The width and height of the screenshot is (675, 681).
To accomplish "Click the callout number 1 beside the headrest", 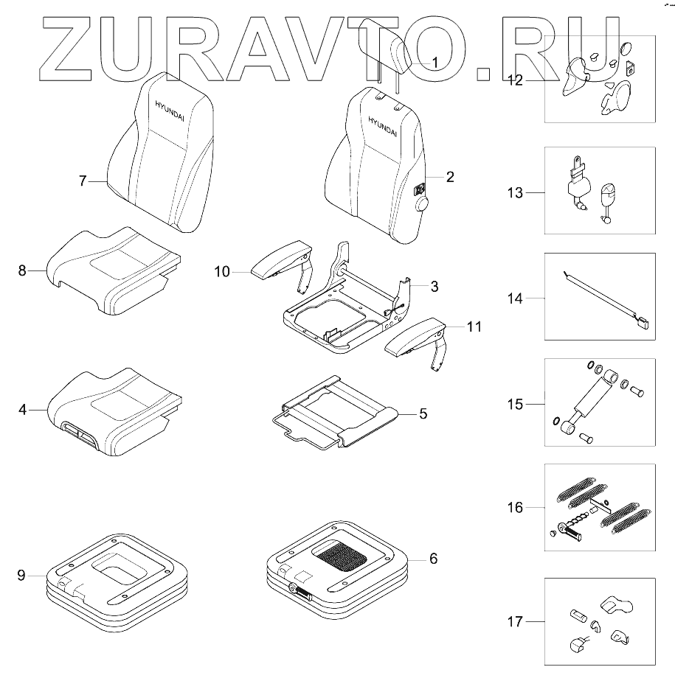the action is [435, 63].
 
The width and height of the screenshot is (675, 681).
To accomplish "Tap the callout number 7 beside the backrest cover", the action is [83, 180].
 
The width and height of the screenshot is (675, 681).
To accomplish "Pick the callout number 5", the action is [423, 413].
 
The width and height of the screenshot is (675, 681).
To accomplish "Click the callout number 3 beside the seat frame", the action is [435, 284].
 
